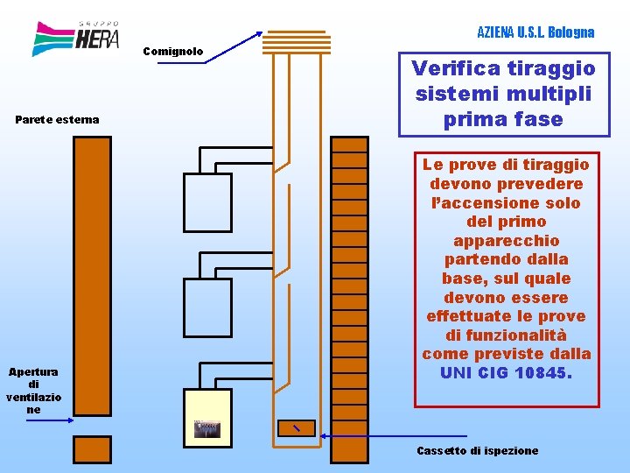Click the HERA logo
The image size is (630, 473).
(75, 39)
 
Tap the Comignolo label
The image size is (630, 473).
(173, 52)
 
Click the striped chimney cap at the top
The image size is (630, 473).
(297, 42)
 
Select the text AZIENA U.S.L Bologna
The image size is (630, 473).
(535, 32)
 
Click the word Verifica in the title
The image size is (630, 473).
(454, 68)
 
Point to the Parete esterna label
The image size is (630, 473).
(57, 119)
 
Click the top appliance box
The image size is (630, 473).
(207, 202)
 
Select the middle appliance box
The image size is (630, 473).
(207, 307)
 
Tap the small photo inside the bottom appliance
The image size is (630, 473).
(207, 429)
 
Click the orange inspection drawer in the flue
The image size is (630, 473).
(297, 428)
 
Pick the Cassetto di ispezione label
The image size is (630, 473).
(478, 450)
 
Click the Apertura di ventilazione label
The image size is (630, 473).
(34, 391)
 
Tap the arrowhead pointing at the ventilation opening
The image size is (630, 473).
(71, 420)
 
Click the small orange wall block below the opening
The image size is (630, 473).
(92, 449)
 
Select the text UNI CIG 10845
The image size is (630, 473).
(506, 373)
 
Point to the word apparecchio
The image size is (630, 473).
(507, 242)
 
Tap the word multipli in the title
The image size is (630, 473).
(549, 94)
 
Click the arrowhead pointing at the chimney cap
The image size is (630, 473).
(260, 34)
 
